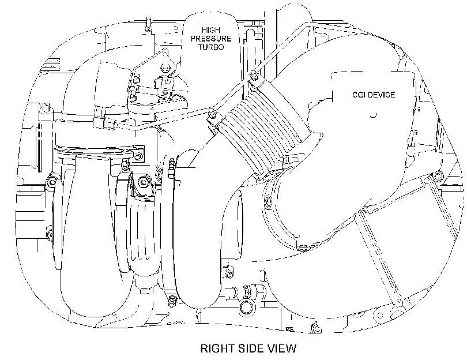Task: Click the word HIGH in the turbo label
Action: (x=211, y=30)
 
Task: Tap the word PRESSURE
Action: (x=211, y=39)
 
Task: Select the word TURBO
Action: (x=211, y=47)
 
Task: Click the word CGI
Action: (x=360, y=95)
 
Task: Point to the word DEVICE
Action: (x=382, y=95)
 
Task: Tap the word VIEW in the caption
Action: (x=283, y=348)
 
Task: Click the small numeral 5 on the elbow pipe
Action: (x=101, y=62)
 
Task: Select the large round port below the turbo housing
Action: (x=247, y=307)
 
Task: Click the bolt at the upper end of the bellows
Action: (x=254, y=74)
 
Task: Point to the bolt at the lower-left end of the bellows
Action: (x=212, y=112)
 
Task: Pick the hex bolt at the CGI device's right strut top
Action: (x=436, y=176)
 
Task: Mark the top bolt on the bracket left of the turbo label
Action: (x=164, y=67)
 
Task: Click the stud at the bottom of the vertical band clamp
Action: (x=172, y=300)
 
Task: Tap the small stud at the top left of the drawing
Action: (x=148, y=24)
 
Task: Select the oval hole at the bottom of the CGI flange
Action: (x=303, y=247)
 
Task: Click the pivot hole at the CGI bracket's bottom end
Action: (x=380, y=316)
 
